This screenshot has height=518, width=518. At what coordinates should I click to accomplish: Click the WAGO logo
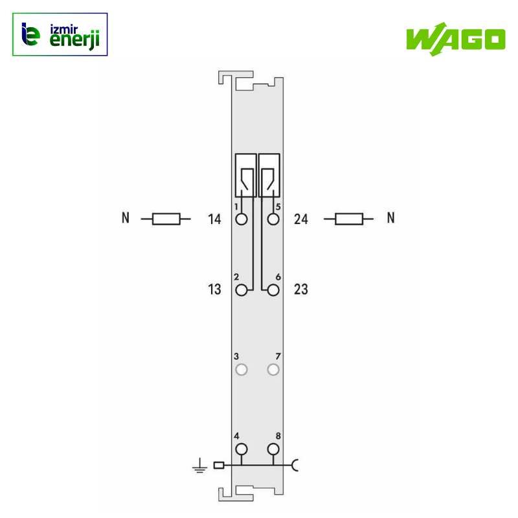456,39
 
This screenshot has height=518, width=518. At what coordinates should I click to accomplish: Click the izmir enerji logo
60,34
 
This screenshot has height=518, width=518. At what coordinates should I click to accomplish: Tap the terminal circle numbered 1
242,219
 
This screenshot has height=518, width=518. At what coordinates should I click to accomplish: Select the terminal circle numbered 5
273,219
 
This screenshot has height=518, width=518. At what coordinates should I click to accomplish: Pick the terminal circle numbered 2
242,290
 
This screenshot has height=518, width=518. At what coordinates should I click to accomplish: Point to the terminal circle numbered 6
273,290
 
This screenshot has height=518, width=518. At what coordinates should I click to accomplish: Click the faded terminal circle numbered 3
242,370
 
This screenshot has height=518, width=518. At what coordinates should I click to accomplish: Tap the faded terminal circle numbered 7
273,370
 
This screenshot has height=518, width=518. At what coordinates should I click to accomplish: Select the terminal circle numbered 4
242,449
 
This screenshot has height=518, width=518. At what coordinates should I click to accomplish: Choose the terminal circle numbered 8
273,449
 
